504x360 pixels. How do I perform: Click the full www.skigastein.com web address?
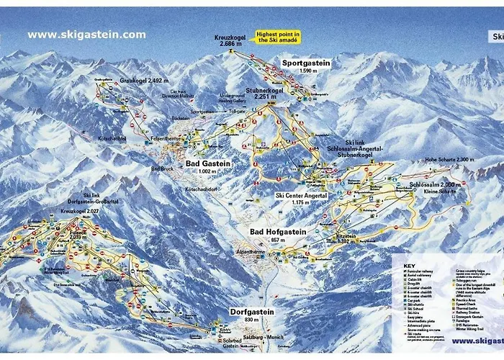[86, 35]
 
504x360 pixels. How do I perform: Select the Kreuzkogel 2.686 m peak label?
[230, 41]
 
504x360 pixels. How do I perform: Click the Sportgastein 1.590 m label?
[306, 67]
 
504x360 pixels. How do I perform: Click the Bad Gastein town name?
[208, 164]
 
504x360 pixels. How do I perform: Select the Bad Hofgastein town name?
[278, 232]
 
